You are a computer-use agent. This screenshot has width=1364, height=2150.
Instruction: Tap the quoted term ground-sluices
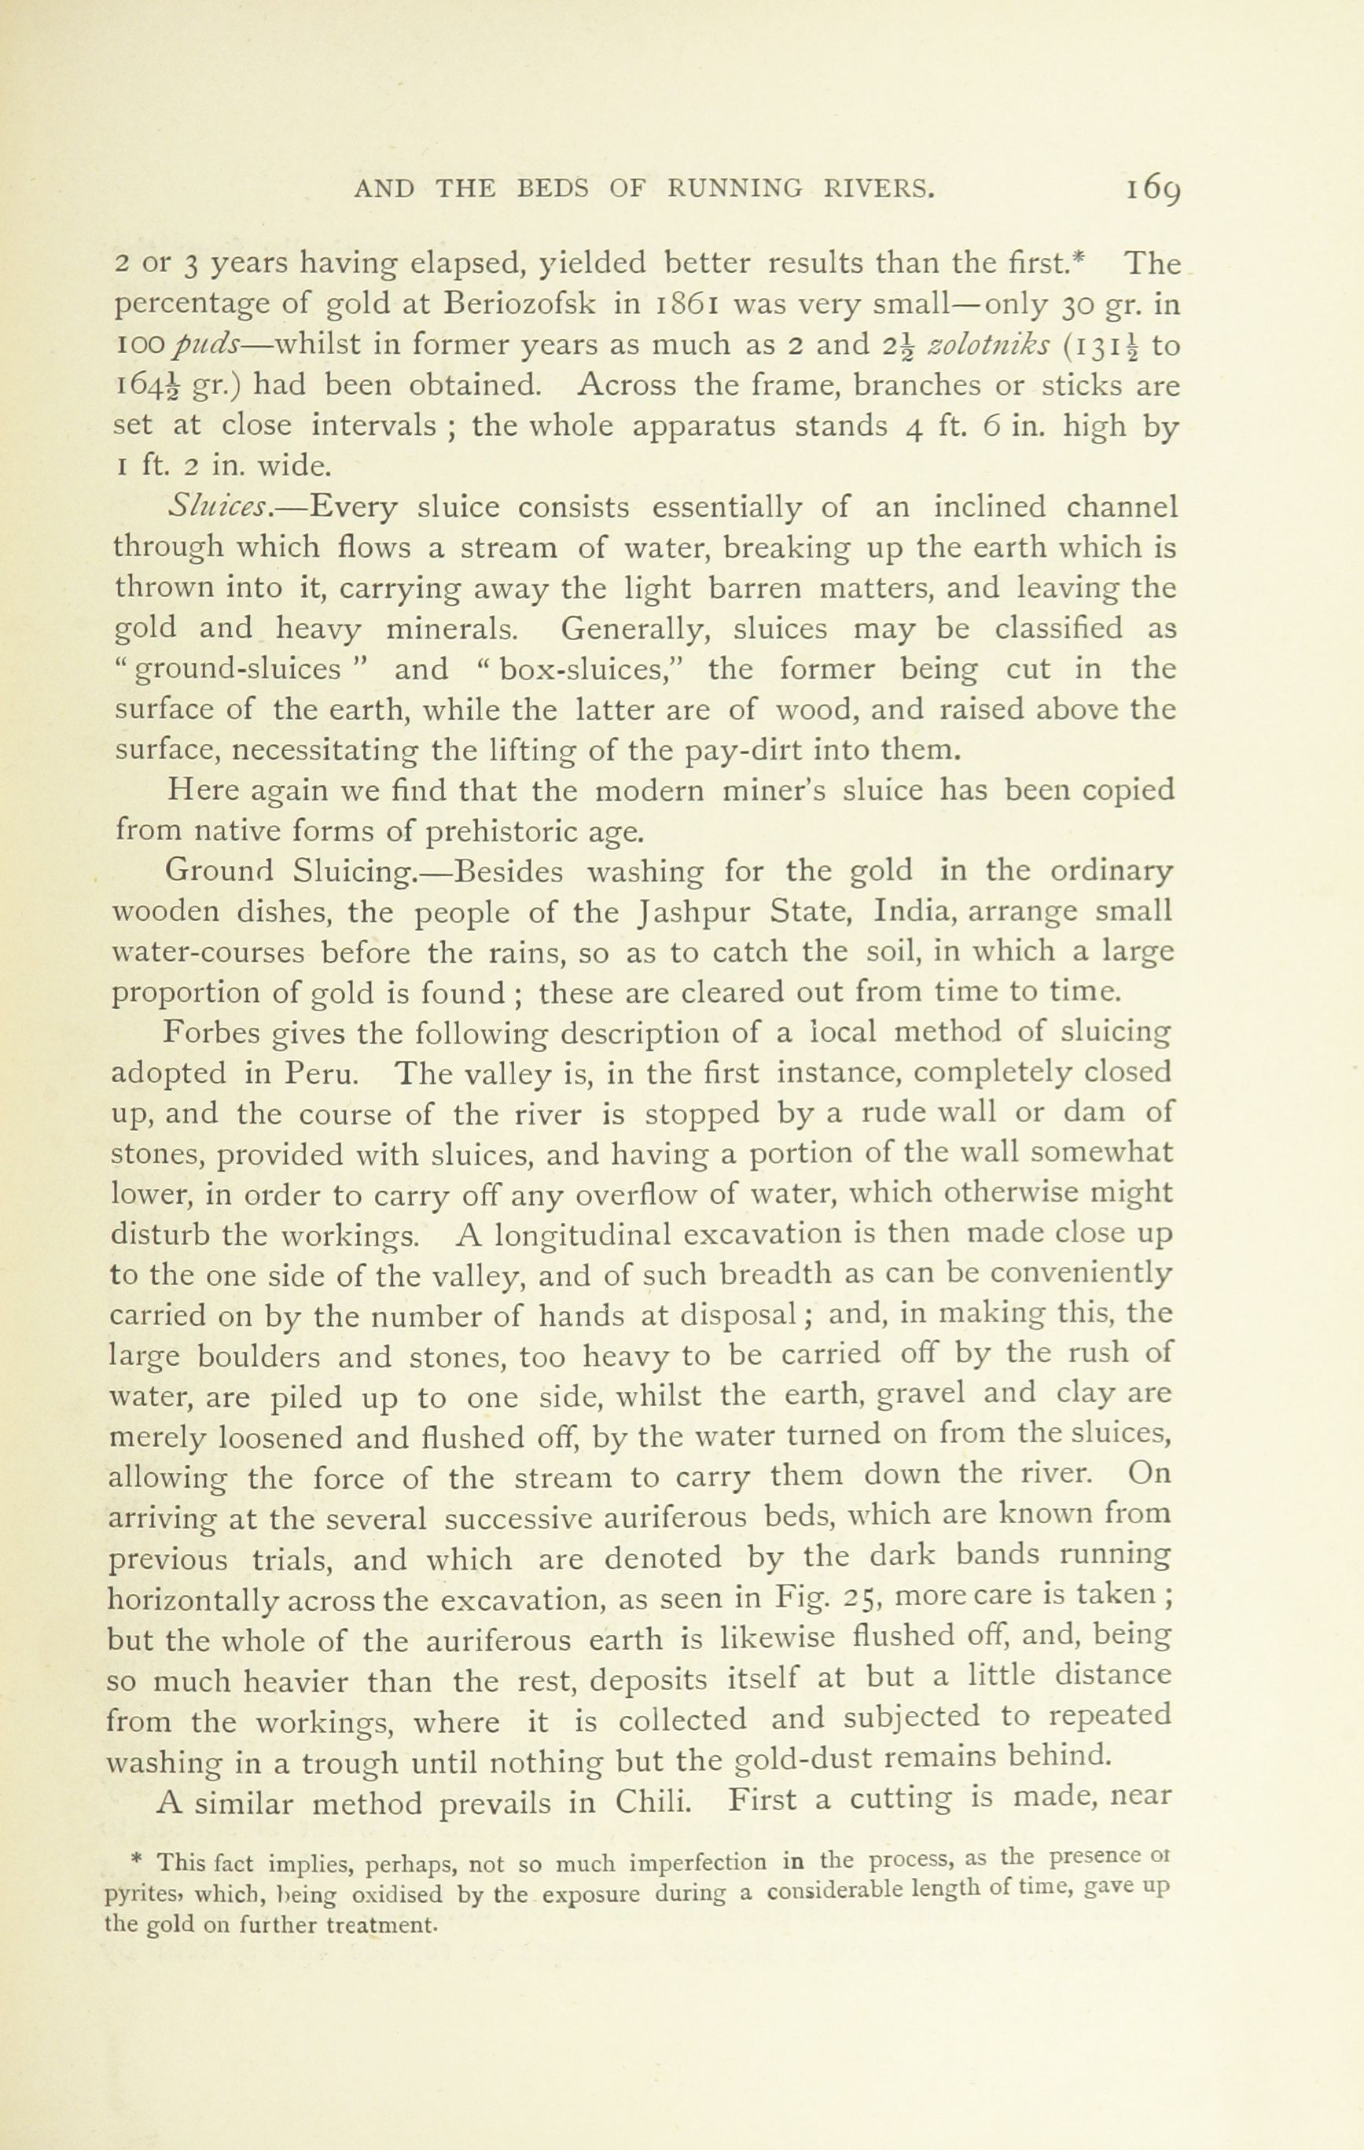237,670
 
